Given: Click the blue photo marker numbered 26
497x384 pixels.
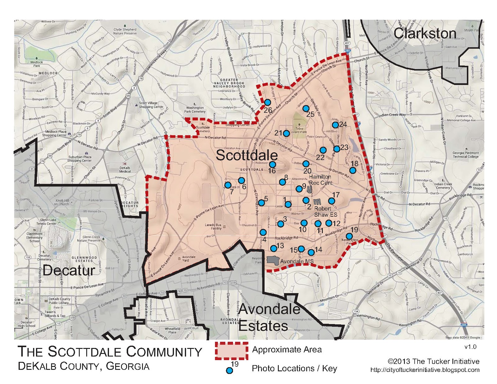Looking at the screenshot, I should pos(267,102).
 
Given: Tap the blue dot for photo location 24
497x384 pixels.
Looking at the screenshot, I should pos(335,125).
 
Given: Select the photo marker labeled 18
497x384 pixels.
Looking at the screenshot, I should pos(353,170).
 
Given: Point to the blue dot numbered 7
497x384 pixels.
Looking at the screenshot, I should pos(228,185).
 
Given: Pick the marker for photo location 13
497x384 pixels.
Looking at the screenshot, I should pos(273,248).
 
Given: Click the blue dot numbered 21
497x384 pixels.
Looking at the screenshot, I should pos(286,133).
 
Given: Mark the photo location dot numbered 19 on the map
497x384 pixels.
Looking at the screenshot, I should pos(349,236).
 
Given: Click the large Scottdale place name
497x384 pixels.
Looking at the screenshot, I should pos(247,155).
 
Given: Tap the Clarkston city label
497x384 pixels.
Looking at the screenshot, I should pos(425,34).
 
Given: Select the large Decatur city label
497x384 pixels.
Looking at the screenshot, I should pos(69,270).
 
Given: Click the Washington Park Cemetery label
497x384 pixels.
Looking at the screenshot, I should pos(195,110).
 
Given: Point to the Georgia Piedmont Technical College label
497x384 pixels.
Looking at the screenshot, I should pos(465,155).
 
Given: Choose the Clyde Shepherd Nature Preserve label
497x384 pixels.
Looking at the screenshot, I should pos(125,31).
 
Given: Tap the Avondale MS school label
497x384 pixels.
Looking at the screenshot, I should pos(297,261).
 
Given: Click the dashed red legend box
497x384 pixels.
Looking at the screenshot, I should pos(231,351).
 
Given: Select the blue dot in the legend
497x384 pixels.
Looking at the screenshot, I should pos(229,370).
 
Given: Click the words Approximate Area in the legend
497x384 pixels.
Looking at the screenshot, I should pos(287,350).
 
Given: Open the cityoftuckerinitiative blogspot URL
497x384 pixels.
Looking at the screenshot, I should pos(425,370).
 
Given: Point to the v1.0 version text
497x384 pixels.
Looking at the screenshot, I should pos(470,347).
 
